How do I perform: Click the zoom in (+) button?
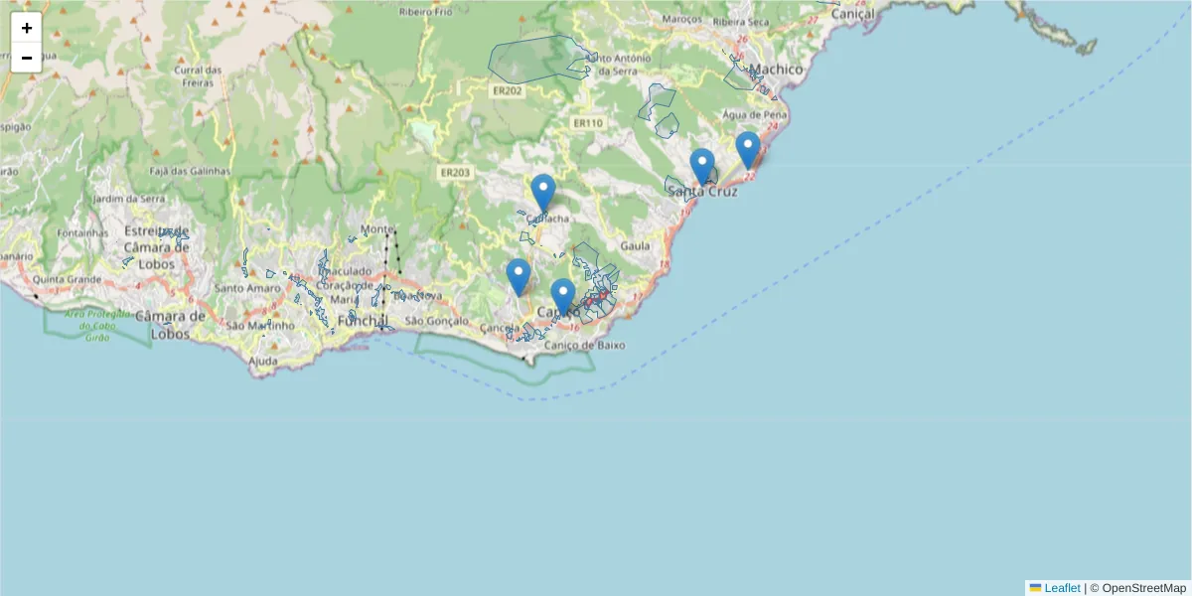click(x=27, y=28)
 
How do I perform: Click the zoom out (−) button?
click(x=27, y=58)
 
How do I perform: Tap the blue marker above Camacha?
click(x=542, y=193)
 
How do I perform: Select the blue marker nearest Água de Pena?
click(x=748, y=151)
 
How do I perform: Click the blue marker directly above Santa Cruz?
click(x=702, y=167)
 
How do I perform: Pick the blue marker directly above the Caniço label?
click(x=563, y=297)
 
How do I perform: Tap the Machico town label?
click(x=776, y=70)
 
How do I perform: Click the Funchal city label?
click(x=361, y=321)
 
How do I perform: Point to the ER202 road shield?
click(x=507, y=90)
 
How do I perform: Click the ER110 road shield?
click(x=587, y=123)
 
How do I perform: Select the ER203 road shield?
click(x=455, y=172)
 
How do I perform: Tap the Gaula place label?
click(x=634, y=245)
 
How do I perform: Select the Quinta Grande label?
click(x=70, y=279)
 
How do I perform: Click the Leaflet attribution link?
click(x=1062, y=588)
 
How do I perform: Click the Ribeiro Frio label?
click(x=424, y=12)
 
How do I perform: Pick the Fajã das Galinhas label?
click(x=189, y=171)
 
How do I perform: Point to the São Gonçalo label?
click(x=434, y=322)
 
